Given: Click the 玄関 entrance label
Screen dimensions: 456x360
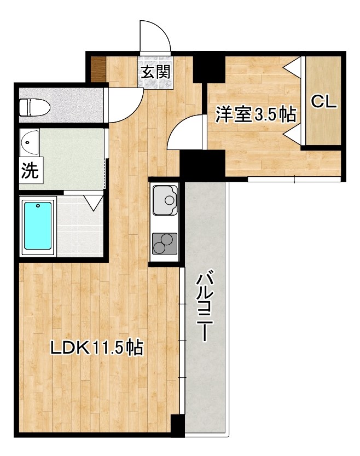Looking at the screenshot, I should (156, 72).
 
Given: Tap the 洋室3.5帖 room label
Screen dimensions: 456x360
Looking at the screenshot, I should (256, 114).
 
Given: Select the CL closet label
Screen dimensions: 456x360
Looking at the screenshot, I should (323, 102).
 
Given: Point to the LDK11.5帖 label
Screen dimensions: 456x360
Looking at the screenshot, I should (97, 347).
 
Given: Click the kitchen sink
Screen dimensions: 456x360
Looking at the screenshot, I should (164, 201).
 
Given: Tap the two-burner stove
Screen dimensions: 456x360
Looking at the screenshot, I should (164, 243).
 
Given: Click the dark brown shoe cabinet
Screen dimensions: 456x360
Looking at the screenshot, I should (97, 69).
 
